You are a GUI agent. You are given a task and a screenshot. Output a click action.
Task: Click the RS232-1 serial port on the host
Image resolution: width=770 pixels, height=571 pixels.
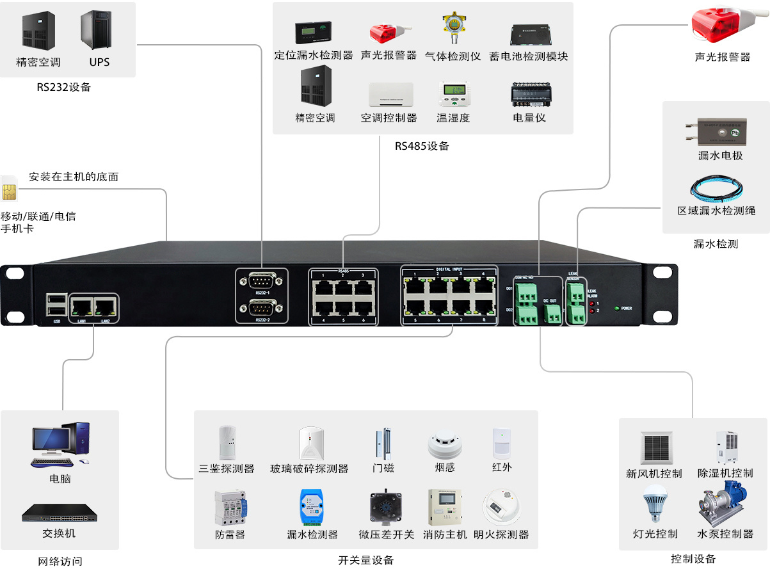click(261, 281)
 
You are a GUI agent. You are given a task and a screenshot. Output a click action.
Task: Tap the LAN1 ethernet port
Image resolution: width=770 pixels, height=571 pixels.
click(81, 305)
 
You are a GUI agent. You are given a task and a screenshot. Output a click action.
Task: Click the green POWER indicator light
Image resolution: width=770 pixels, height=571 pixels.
click(616, 308)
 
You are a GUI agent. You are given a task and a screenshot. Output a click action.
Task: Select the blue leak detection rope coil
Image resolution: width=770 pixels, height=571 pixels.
click(716, 189)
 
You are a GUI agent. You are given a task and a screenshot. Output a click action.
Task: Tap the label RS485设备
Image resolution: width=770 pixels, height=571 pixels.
click(422, 146)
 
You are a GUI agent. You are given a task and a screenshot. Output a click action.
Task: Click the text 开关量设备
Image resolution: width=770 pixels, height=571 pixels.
click(365, 560)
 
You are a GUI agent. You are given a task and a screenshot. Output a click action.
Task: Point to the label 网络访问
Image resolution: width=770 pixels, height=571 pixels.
click(60, 561)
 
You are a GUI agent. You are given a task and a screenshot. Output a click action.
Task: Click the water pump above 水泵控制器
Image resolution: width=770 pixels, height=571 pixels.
click(725, 505)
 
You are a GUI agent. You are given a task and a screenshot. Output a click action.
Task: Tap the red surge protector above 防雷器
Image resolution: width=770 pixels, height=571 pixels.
click(230, 509)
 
